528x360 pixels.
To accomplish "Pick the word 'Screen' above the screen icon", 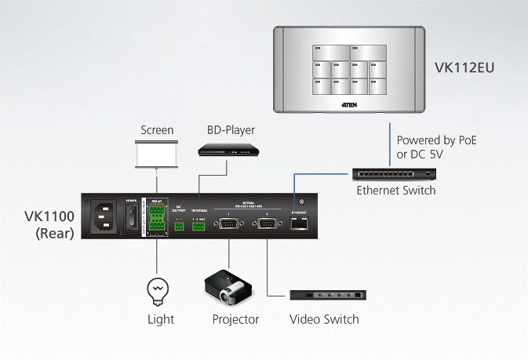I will (157, 130).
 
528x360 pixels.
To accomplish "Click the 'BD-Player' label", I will (231, 130).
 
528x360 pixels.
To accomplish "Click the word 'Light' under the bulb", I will (161, 319).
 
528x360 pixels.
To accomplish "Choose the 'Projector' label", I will (235, 319).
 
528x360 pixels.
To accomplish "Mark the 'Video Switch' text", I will (324, 319).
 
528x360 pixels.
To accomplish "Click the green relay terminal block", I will (158, 219).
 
